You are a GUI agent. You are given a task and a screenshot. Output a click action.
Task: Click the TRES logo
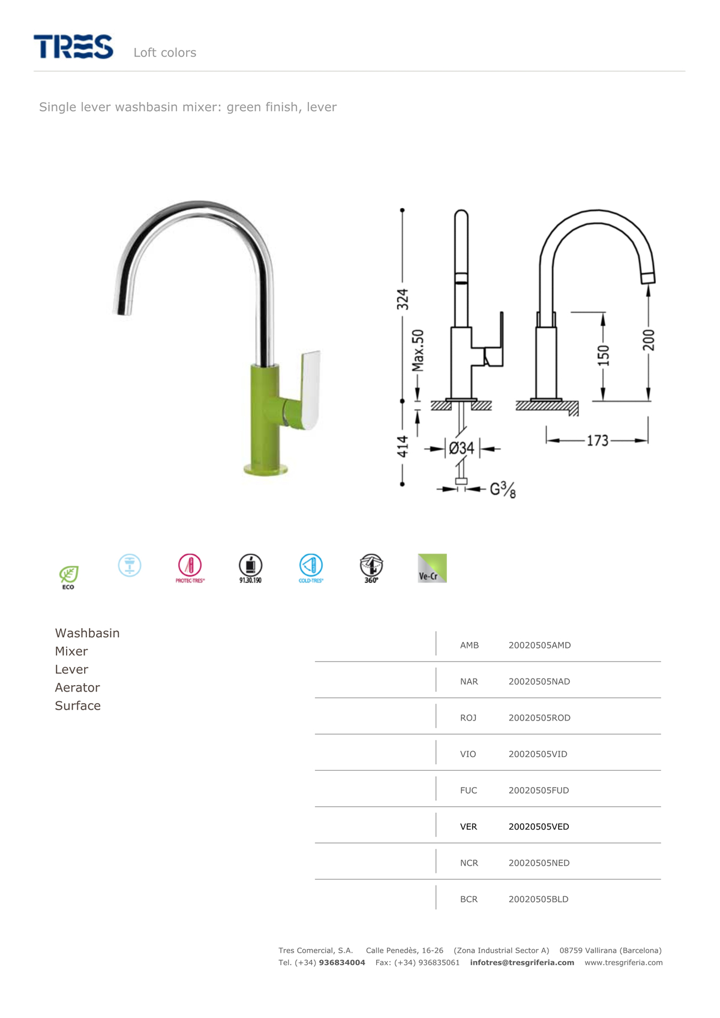point(73,46)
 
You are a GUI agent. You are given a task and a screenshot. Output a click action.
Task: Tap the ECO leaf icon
point(68,577)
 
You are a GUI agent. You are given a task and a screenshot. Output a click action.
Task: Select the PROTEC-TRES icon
point(190,568)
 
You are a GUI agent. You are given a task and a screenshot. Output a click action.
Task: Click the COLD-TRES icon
point(311,568)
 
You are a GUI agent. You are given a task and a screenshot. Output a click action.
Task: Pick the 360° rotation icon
point(371,568)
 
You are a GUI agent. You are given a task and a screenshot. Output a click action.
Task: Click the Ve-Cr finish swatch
point(432,567)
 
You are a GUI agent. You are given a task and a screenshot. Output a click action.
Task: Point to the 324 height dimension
point(403,299)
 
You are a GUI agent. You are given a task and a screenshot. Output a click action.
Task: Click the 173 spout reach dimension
point(597,440)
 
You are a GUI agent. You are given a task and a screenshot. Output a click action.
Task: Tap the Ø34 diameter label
point(462,448)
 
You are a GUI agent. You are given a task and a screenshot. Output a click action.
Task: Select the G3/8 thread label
point(503,490)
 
